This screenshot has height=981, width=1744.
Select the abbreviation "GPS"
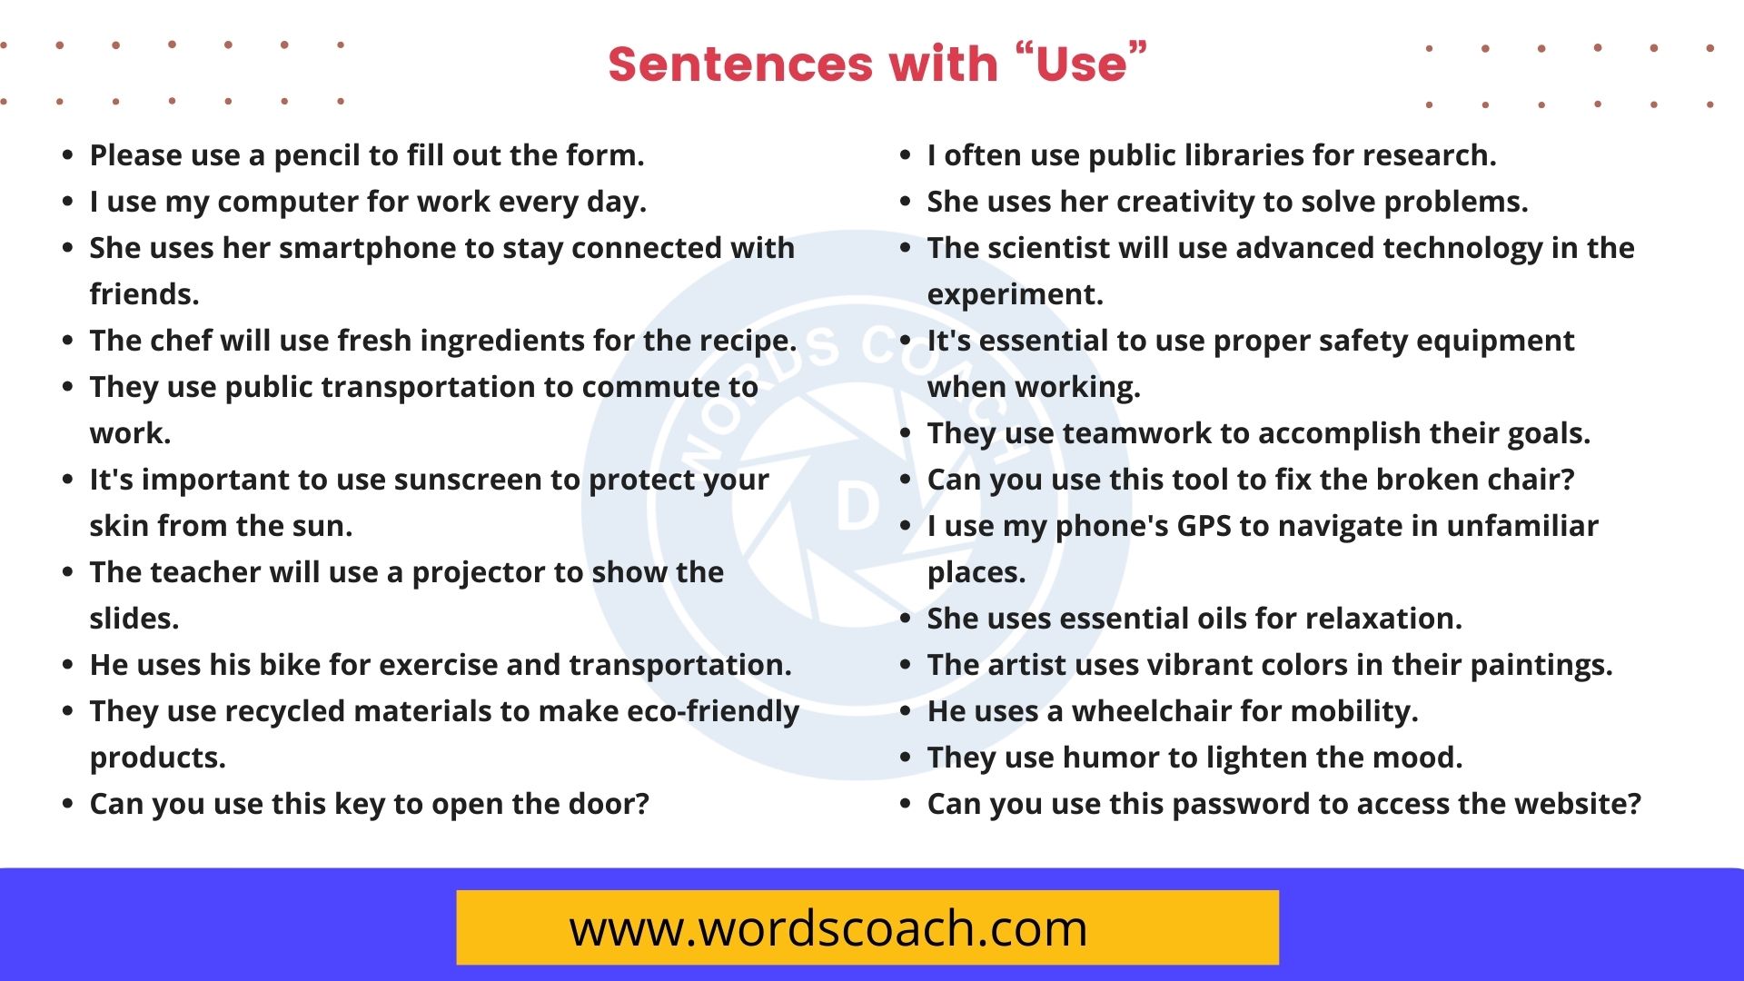point(1204,526)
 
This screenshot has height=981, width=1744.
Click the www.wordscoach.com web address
point(827,928)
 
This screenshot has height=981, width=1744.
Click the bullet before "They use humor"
point(905,757)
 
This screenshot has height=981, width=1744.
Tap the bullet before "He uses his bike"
point(67,664)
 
